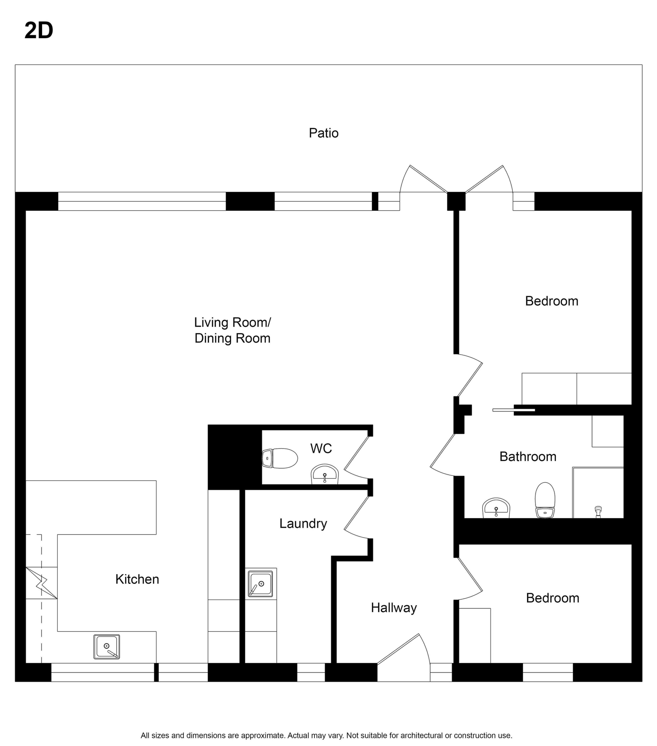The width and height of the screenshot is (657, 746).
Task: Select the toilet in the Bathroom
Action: tap(545, 500)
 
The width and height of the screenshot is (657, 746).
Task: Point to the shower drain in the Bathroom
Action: tap(598, 512)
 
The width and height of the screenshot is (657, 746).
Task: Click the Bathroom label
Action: tap(528, 457)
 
